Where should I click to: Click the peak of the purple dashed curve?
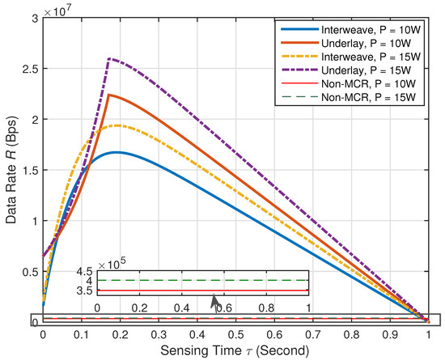[x=108, y=58]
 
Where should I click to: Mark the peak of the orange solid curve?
[x=108, y=95]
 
